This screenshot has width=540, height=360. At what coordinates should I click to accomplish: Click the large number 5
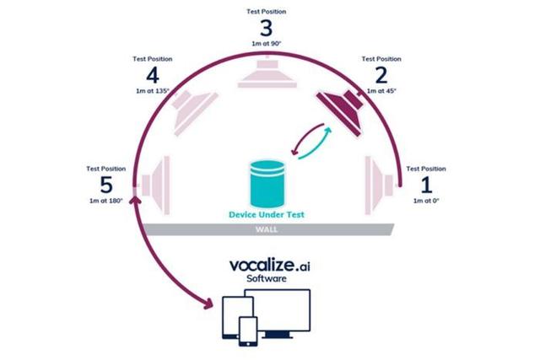click(105, 183)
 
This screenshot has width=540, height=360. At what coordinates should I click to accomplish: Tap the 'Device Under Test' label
click(266, 214)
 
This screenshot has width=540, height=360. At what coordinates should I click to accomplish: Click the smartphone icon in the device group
click(247, 330)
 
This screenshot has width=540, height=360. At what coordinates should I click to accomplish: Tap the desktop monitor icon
click(286, 310)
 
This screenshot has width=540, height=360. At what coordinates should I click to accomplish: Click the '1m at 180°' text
click(105, 200)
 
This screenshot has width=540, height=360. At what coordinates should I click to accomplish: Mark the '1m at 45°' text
click(381, 90)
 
